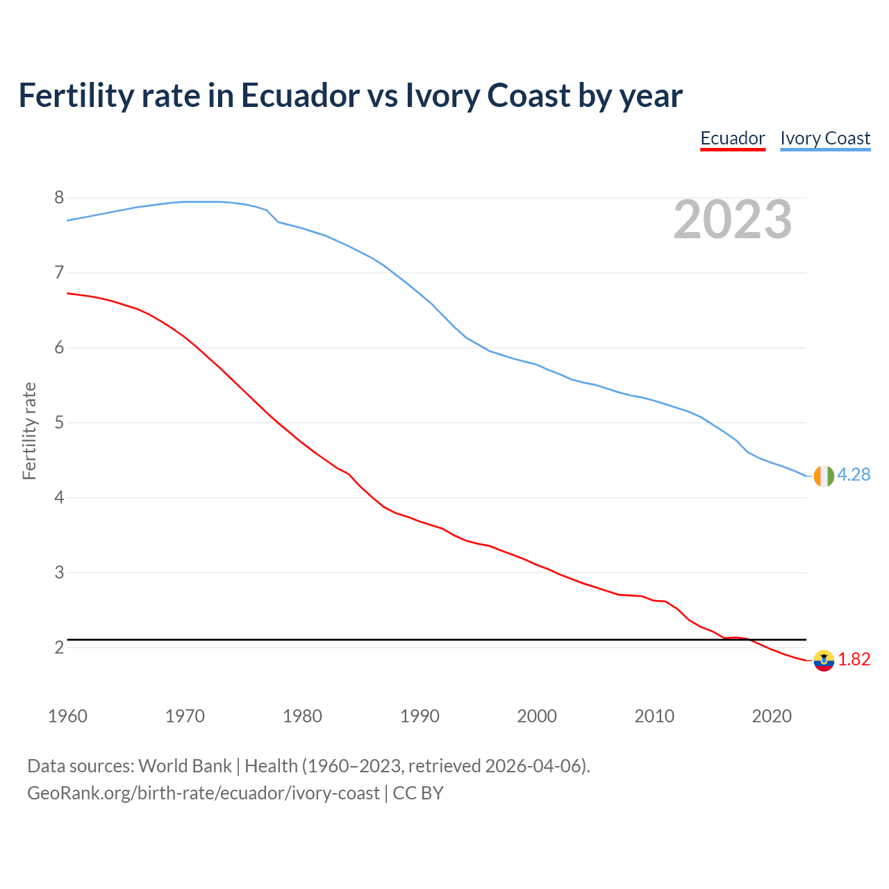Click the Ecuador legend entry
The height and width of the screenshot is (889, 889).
pos(732,138)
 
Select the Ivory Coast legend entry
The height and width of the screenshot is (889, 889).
pos(825,138)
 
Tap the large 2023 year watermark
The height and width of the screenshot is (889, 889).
pos(733,219)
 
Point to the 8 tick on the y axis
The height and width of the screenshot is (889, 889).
pos(59,198)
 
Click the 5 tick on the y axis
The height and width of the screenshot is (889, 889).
pos(59,422)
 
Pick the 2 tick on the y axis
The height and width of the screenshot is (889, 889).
pos(59,647)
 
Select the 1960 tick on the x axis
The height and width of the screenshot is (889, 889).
pos(67,716)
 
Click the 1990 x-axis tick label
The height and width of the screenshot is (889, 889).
pos(419,716)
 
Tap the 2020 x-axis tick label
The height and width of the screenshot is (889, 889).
pos(772,716)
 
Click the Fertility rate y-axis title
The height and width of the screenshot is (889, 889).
pos(29,431)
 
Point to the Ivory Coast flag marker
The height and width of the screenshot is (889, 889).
pos(823,476)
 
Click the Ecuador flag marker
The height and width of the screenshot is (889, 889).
pos(823,660)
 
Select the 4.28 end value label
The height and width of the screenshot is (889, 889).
pos(854,474)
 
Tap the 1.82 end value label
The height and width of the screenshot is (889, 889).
pos(854,659)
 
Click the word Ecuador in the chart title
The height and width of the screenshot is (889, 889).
pos(300,95)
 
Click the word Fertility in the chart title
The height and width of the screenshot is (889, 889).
pos(76,95)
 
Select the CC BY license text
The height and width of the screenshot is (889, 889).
pos(418,792)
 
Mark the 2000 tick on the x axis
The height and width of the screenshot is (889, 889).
pos(537,716)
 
